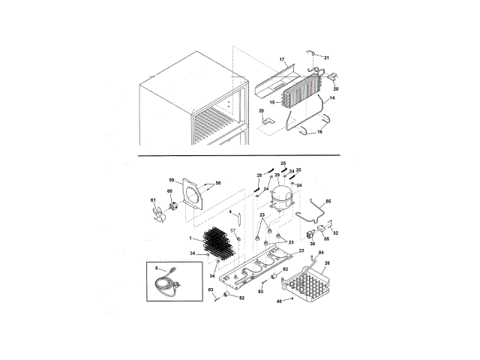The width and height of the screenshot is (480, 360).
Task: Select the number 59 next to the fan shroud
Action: point(171,180)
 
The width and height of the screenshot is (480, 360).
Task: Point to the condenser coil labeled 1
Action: point(214,243)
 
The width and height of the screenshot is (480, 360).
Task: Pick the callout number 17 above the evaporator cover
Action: point(283,58)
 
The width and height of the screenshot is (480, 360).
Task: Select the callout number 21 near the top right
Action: point(326,57)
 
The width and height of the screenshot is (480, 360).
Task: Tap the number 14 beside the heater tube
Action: point(332,98)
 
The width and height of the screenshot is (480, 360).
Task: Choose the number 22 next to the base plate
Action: point(301,250)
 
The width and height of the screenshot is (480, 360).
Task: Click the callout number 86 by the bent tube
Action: point(327,201)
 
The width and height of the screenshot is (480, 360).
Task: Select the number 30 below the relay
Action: point(312,244)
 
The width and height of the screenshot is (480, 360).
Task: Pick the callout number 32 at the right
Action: point(335,233)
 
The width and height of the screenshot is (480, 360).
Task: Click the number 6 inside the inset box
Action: point(156,267)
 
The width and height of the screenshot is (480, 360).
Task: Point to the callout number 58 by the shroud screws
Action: point(218,183)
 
